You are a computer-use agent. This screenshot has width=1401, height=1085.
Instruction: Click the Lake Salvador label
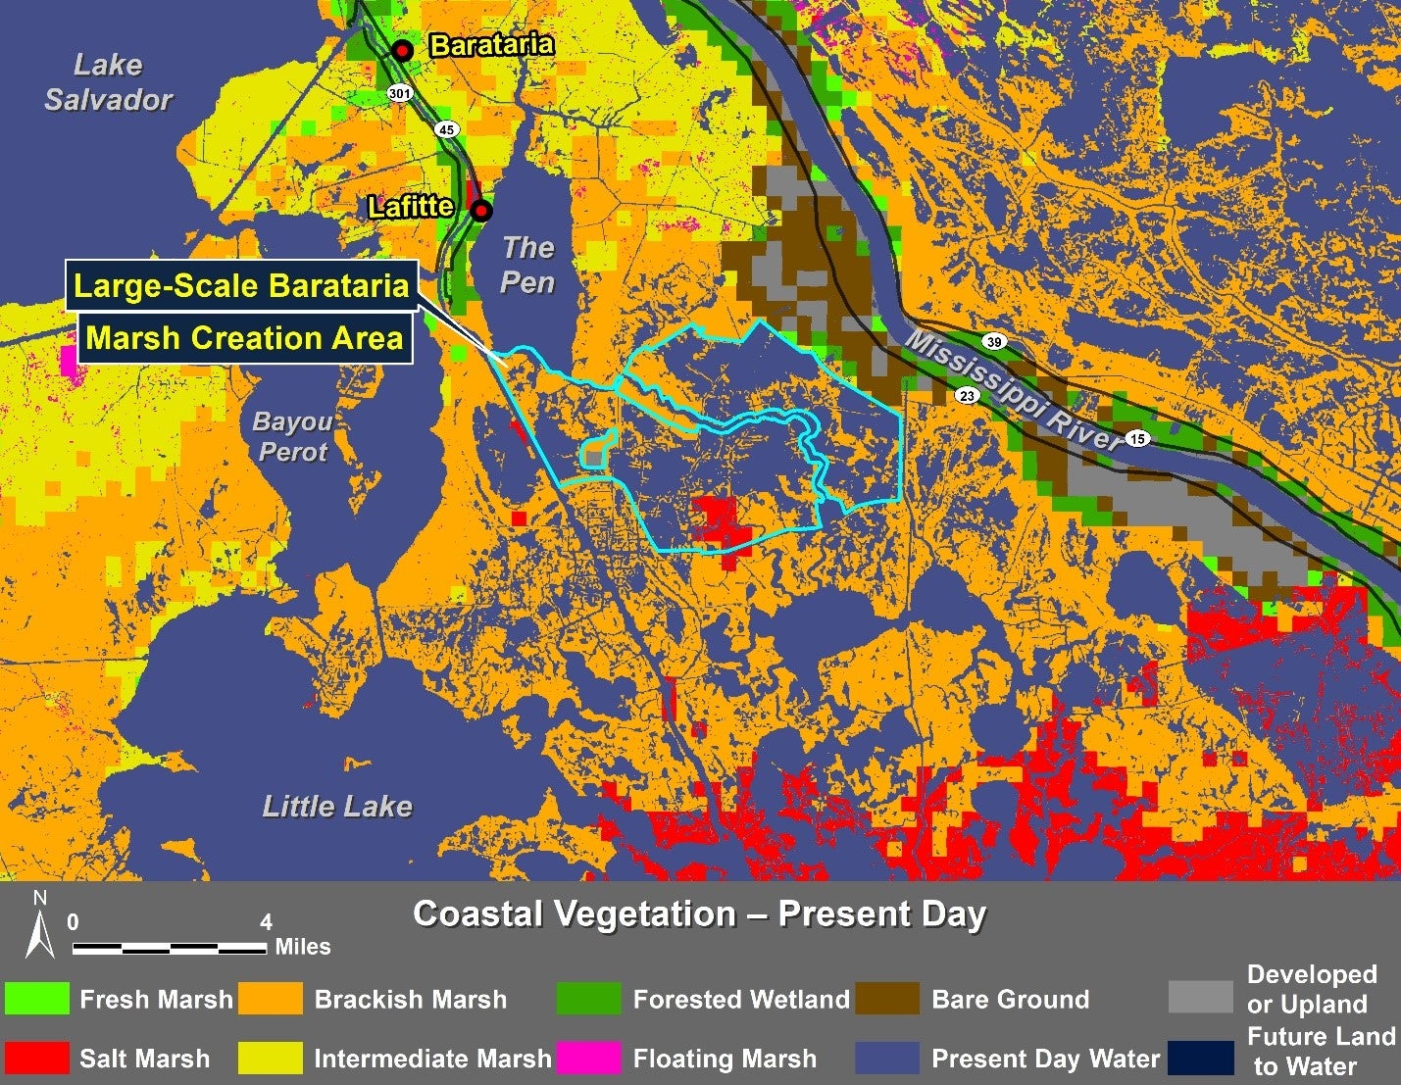pyautogui.click(x=108, y=82)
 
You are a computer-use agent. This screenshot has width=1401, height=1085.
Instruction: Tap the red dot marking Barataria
pyautogui.click(x=402, y=51)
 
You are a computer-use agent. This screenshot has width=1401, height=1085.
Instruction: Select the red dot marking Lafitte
pyautogui.click(x=481, y=211)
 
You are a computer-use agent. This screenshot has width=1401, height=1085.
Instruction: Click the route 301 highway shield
pyautogui.click(x=399, y=94)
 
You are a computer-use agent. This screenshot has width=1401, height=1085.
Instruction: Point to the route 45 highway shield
pyautogui.click(x=447, y=129)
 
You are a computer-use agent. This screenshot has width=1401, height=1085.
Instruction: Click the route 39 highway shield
pyautogui.click(x=994, y=342)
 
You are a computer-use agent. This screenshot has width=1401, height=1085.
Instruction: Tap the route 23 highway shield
pyautogui.click(x=968, y=396)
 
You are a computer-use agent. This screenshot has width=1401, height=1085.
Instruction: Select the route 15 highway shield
pyautogui.click(x=1137, y=438)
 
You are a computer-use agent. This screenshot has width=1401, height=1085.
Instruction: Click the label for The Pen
pyautogui.click(x=527, y=265)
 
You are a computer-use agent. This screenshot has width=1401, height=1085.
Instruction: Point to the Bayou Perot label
pyautogui.click(x=292, y=436)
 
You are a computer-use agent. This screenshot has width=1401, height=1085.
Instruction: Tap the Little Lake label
pyautogui.click(x=337, y=807)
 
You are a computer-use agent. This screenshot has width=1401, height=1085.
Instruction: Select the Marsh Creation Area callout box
pyautogui.click(x=244, y=338)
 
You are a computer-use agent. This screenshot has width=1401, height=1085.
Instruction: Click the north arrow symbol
pyautogui.click(x=40, y=925)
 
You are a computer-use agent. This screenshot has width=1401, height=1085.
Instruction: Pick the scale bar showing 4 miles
pyautogui.click(x=169, y=948)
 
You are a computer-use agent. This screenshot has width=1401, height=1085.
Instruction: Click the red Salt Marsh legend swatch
pyautogui.click(x=37, y=1058)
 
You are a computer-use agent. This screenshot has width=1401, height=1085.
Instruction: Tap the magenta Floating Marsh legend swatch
pyautogui.click(x=588, y=1058)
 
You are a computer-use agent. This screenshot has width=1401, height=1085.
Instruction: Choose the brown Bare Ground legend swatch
pyautogui.click(x=887, y=999)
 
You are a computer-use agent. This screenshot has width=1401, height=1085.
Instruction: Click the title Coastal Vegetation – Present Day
pyautogui.click(x=699, y=913)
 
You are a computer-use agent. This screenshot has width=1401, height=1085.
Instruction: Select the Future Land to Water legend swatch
pyautogui.click(x=1201, y=1058)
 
